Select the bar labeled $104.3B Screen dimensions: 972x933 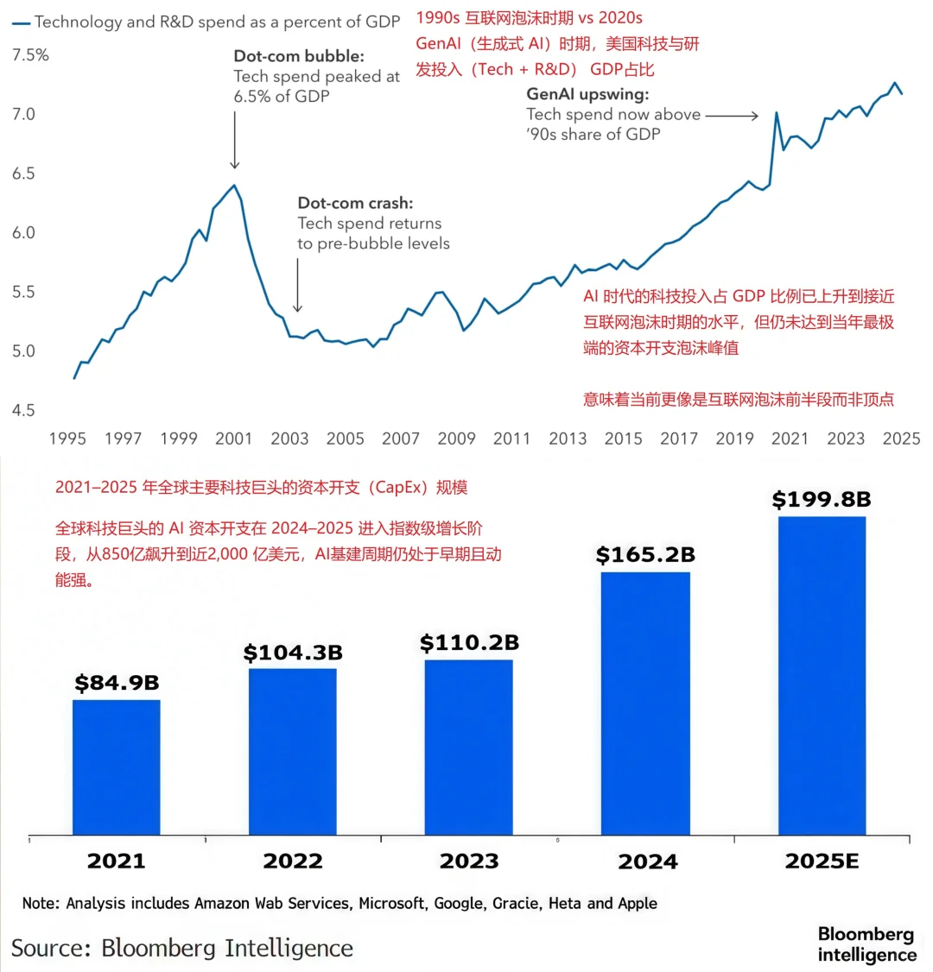pyautogui.click(x=292, y=751)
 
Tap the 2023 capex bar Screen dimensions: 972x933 pyautogui.click(x=468, y=747)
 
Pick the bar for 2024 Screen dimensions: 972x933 pyautogui.click(x=645, y=703)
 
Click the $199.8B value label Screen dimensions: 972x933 pyautogui.click(x=822, y=499)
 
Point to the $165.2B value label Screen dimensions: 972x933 pyautogui.click(x=645, y=554)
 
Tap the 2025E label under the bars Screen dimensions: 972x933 pyautogui.click(x=822, y=861)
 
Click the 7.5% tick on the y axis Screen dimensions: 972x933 pyautogui.click(x=29, y=55)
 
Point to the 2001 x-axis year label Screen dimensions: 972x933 pyautogui.click(x=234, y=439)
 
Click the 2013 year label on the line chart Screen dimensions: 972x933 pyautogui.click(x=568, y=439)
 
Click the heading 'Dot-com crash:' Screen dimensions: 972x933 pyautogui.click(x=355, y=204)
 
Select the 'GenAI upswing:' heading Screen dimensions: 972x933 pyautogui.click(x=587, y=94)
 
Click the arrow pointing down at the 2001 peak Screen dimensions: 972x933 pyautogui.click(x=234, y=138)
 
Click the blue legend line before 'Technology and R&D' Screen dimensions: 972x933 pyautogui.click(x=19, y=22)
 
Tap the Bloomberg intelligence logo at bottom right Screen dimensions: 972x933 pyautogui.click(x=866, y=944)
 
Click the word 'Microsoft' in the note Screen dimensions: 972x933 pyautogui.click(x=392, y=903)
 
